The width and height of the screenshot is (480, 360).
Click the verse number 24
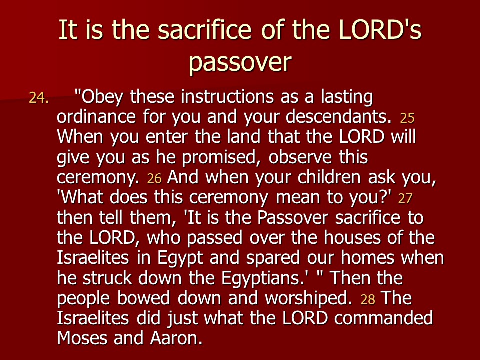[x=39, y=98]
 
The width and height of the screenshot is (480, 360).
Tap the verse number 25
[x=407, y=118]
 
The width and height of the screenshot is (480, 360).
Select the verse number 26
[x=154, y=179]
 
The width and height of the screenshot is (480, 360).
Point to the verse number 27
[x=405, y=199]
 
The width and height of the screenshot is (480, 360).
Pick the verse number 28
[x=368, y=300]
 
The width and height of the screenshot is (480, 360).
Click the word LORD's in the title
[x=380, y=29]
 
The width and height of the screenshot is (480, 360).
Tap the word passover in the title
[x=240, y=63]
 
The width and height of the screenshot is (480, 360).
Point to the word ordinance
[x=96, y=116]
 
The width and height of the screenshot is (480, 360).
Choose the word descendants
[x=339, y=116]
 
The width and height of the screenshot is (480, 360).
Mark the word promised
[x=221, y=158]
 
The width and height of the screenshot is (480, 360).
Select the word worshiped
[x=309, y=299]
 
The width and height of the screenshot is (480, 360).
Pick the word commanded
[x=384, y=318]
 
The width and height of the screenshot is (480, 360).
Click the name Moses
[x=82, y=339]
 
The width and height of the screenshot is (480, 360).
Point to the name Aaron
[x=176, y=339]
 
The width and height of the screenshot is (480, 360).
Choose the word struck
[x=107, y=278]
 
